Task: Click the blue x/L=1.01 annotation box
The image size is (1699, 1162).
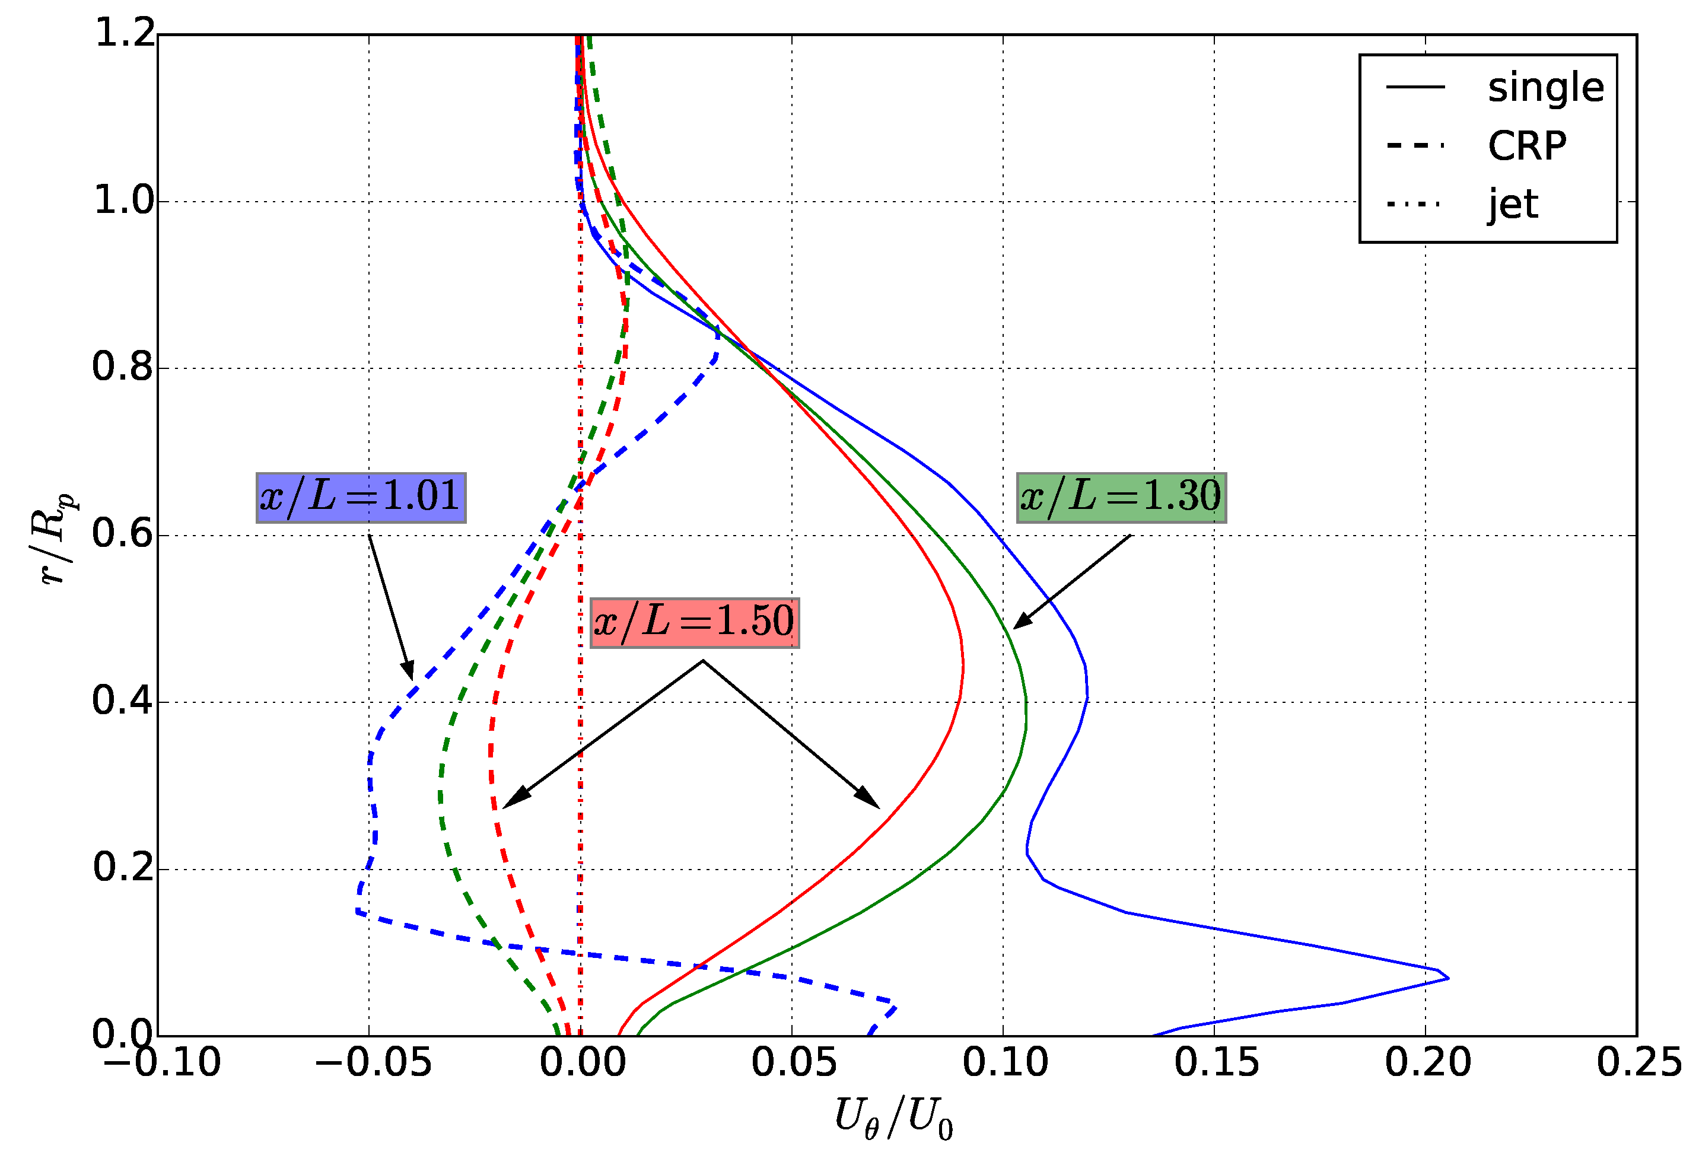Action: (x=361, y=498)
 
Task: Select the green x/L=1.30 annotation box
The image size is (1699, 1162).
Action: (x=1121, y=498)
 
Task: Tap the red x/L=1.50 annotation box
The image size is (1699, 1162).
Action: (x=694, y=623)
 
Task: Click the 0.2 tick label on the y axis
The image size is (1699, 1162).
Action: (x=123, y=868)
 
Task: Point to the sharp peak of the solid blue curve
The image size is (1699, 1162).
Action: (x=1447, y=978)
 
